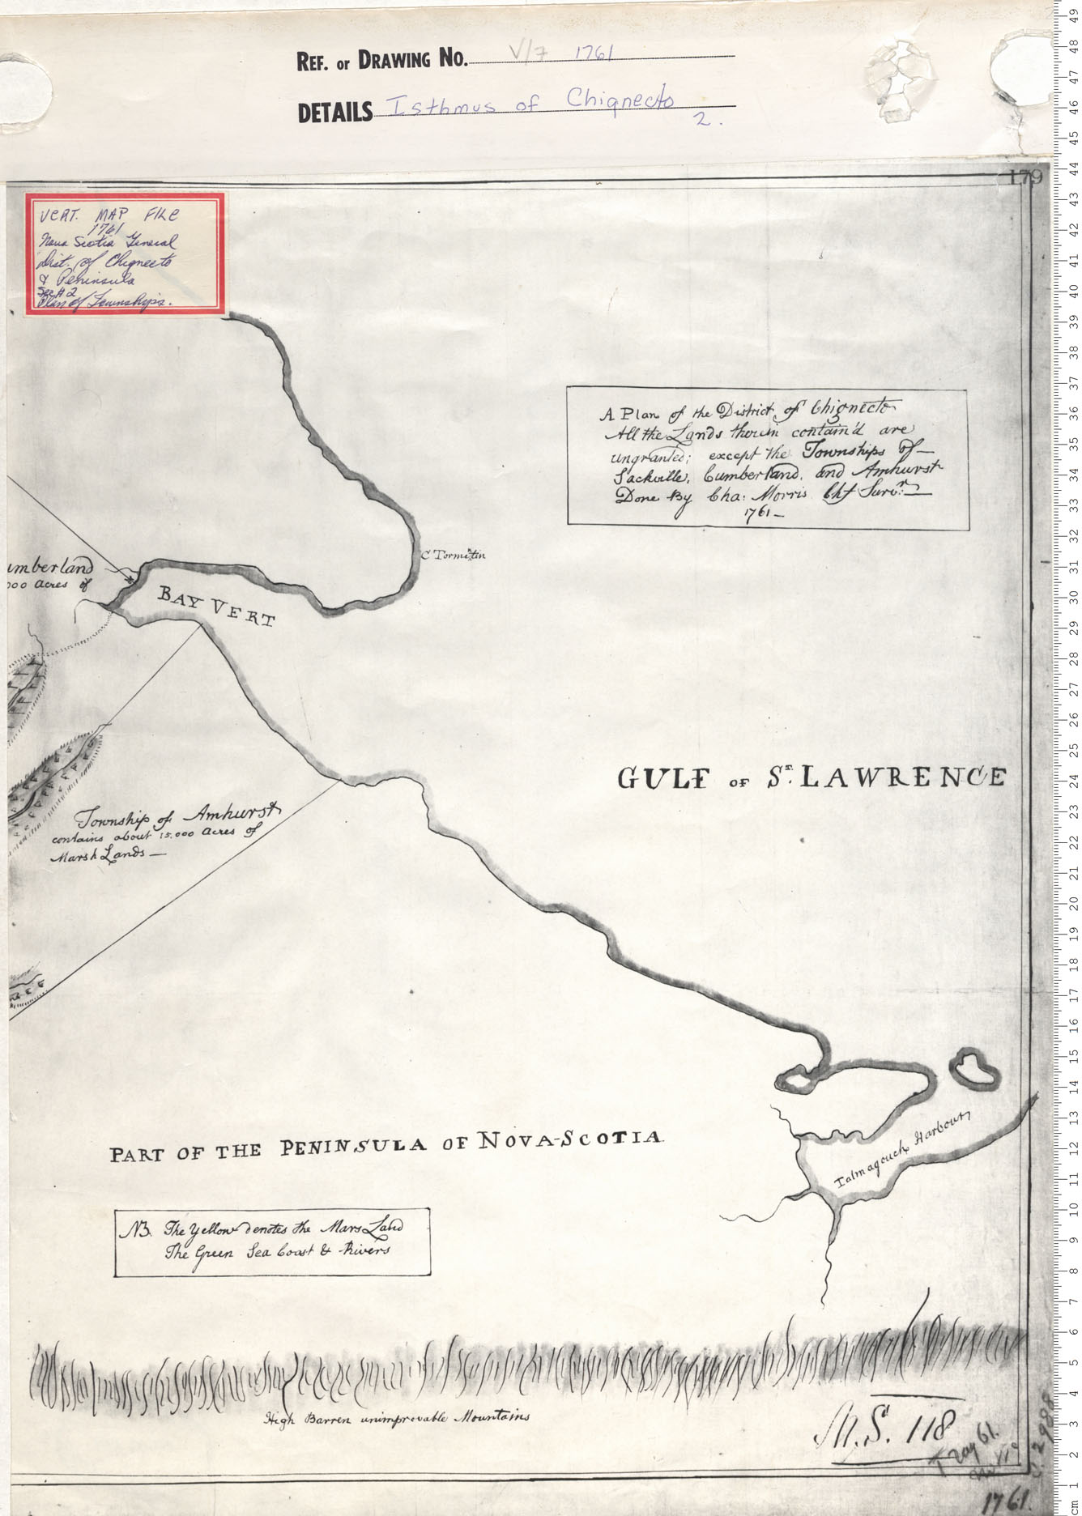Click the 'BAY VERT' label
[216, 607]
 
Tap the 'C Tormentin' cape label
[454, 556]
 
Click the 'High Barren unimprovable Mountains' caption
[397, 1417]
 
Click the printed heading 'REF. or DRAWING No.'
[382, 60]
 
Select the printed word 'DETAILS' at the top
[335, 113]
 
